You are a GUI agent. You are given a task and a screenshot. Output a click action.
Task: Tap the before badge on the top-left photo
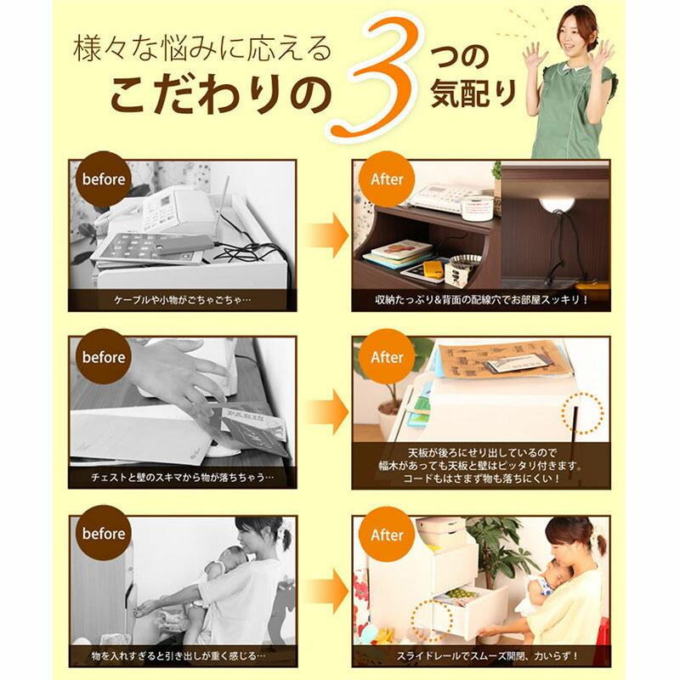[x=104, y=179]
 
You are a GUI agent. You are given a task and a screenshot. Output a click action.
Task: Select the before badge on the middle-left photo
[x=104, y=357]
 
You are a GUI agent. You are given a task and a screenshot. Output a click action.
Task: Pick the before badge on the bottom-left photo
[x=104, y=534]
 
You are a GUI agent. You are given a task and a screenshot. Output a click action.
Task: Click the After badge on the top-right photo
[x=386, y=179]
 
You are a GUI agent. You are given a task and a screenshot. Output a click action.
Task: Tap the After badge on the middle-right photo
[x=386, y=357]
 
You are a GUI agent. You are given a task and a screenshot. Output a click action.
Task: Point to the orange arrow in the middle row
[x=326, y=412]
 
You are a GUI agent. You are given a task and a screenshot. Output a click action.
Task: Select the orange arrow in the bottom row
[x=326, y=590]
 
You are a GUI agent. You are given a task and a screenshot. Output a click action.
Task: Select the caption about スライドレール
[x=481, y=656]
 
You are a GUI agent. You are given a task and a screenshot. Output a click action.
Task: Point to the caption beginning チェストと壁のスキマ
[x=183, y=478]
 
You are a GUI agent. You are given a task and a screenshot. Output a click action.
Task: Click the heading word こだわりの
[x=219, y=95]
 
